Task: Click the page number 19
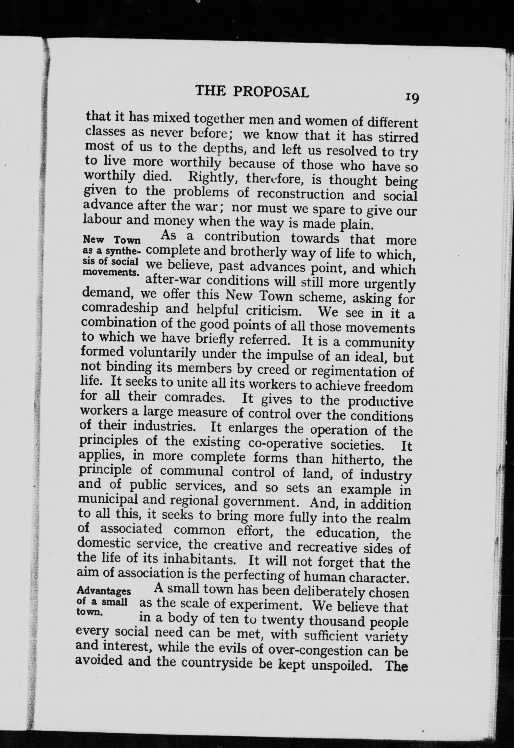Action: coord(412,97)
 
